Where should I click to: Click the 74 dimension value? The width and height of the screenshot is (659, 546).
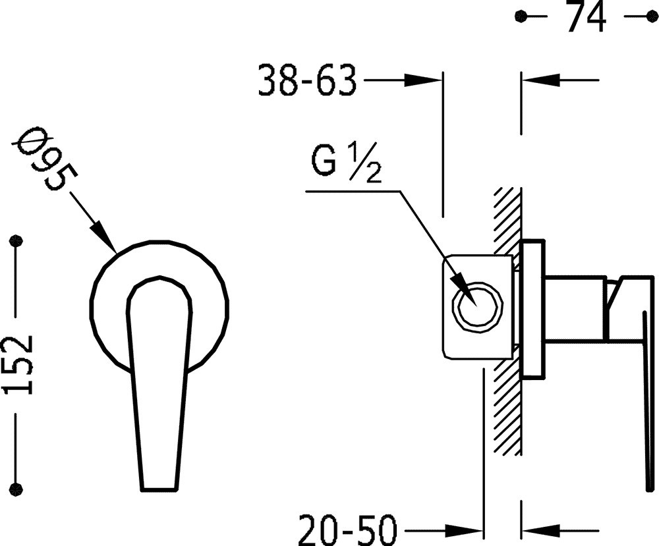(x=586, y=16)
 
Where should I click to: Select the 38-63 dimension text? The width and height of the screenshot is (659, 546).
(x=307, y=80)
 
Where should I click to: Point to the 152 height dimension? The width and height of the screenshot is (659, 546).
(x=18, y=364)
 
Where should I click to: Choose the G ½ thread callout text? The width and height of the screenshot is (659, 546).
(x=347, y=163)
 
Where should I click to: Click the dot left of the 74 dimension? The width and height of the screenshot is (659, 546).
(x=523, y=16)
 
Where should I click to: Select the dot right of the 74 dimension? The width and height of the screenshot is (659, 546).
(x=652, y=16)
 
